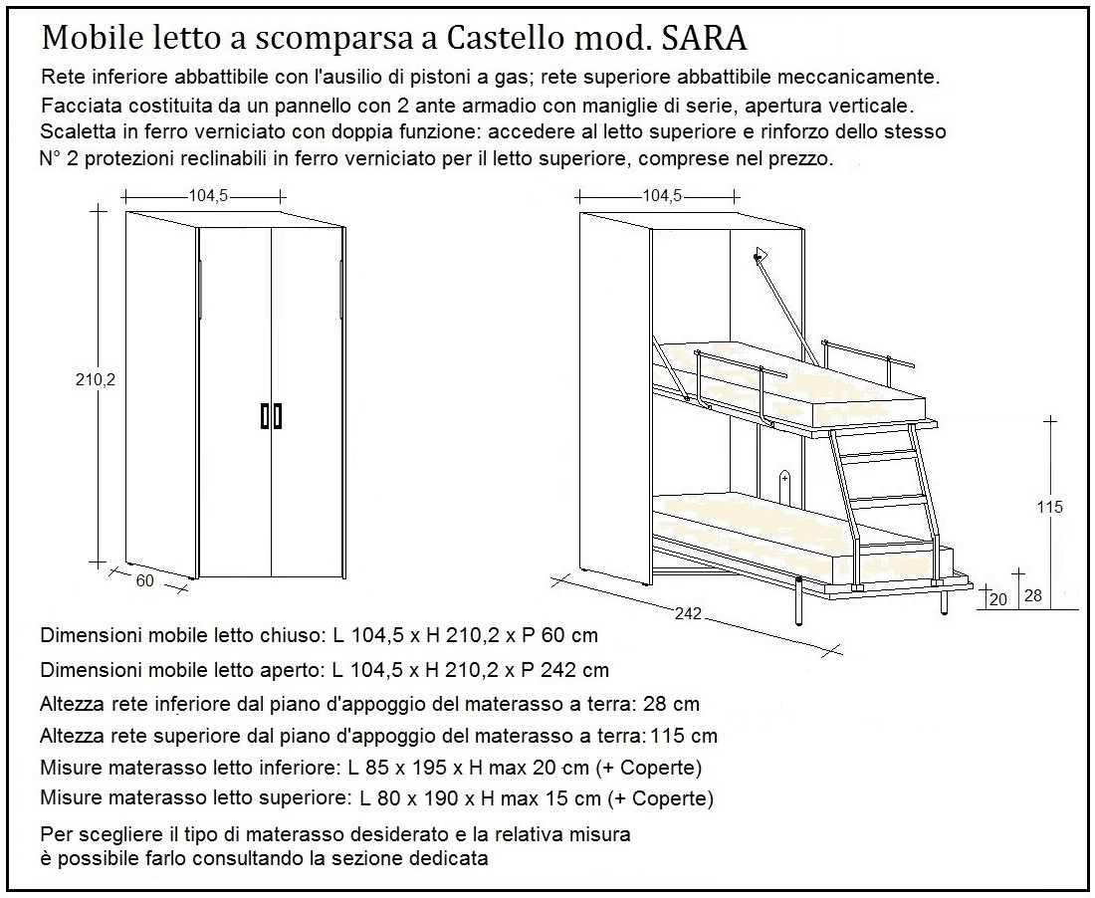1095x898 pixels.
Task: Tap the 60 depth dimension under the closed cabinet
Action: click(x=145, y=581)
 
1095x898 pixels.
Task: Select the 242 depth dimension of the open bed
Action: click(x=684, y=614)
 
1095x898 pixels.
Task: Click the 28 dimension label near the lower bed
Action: click(x=1032, y=595)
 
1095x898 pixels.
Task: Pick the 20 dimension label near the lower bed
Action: click(x=998, y=597)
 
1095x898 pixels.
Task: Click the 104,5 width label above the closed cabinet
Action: click(x=208, y=196)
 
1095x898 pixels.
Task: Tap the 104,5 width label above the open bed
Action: click(x=662, y=196)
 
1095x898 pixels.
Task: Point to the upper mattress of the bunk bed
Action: click(x=816, y=388)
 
